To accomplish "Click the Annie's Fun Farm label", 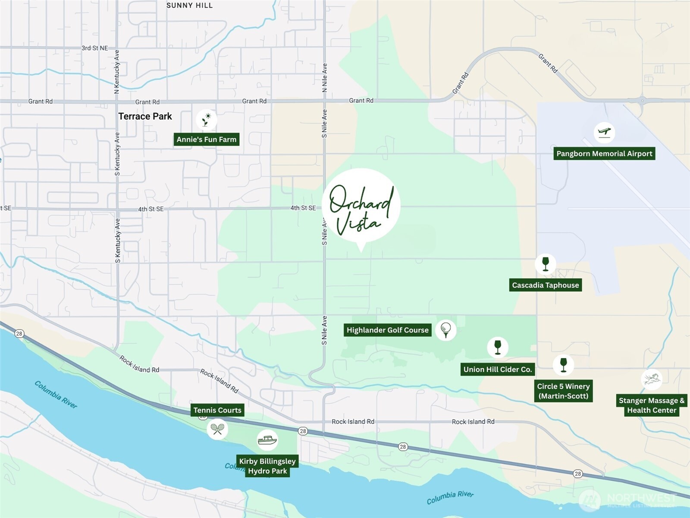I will coord(207,139).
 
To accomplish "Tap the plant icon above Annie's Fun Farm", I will coord(207,120).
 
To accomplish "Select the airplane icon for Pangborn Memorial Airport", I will coord(604,132).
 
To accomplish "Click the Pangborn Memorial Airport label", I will coord(604,154).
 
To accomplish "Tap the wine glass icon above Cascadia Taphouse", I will coord(546,264).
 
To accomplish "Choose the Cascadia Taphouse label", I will coord(546,285).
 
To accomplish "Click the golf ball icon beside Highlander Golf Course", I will coord(446,330).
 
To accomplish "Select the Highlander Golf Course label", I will coord(387,330).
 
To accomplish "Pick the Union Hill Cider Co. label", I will coord(498,370).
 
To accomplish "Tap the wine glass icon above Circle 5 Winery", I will coord(563,365).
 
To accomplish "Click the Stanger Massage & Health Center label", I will coord(652,405).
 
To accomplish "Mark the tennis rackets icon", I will coord(217,429).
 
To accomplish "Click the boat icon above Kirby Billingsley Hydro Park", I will coord(267,440).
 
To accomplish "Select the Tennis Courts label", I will coord(217,410).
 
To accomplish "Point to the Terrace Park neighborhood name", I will coord(145,117).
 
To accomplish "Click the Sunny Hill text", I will coord(189,6).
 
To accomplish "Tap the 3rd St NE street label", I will coord(94,48).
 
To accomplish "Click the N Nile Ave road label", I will coord(325,78).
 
